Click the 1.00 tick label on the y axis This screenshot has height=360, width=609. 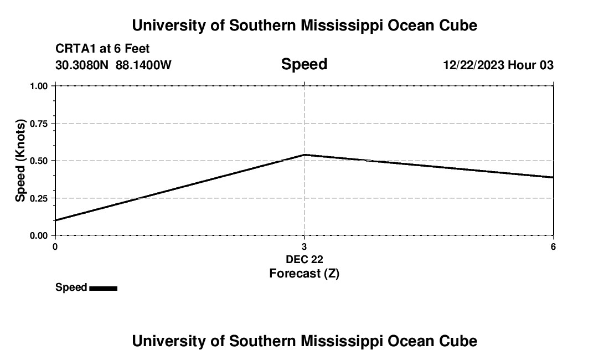pos(39,86)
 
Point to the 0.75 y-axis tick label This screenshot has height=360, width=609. pos(39,124)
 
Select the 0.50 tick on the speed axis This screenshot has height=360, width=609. pos(39,161)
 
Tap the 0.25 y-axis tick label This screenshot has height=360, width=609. pos(39,198)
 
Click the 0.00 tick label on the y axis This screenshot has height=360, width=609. pos(39,235)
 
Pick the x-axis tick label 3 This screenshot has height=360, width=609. pos(304,246)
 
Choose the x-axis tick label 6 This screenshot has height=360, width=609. pos(553,246)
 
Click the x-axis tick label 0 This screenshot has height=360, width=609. pos(55,246)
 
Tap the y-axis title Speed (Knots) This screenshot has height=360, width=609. pos(20,161)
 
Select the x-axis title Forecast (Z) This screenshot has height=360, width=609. pos(304,274)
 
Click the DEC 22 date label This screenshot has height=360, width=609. pos(304,259)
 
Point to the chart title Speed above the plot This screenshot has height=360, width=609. pos(304,64)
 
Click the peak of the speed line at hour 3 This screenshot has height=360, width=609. pos(304,155)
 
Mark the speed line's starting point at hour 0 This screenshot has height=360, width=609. pos(55,220)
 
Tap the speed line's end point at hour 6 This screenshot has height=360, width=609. pos(553,177)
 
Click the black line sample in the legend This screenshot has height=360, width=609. pos(103,288)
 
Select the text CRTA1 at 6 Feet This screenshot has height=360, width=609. pos(102,49)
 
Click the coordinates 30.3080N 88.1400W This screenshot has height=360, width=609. pos(113,65)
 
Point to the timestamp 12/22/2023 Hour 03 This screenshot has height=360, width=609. pos(498,65)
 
